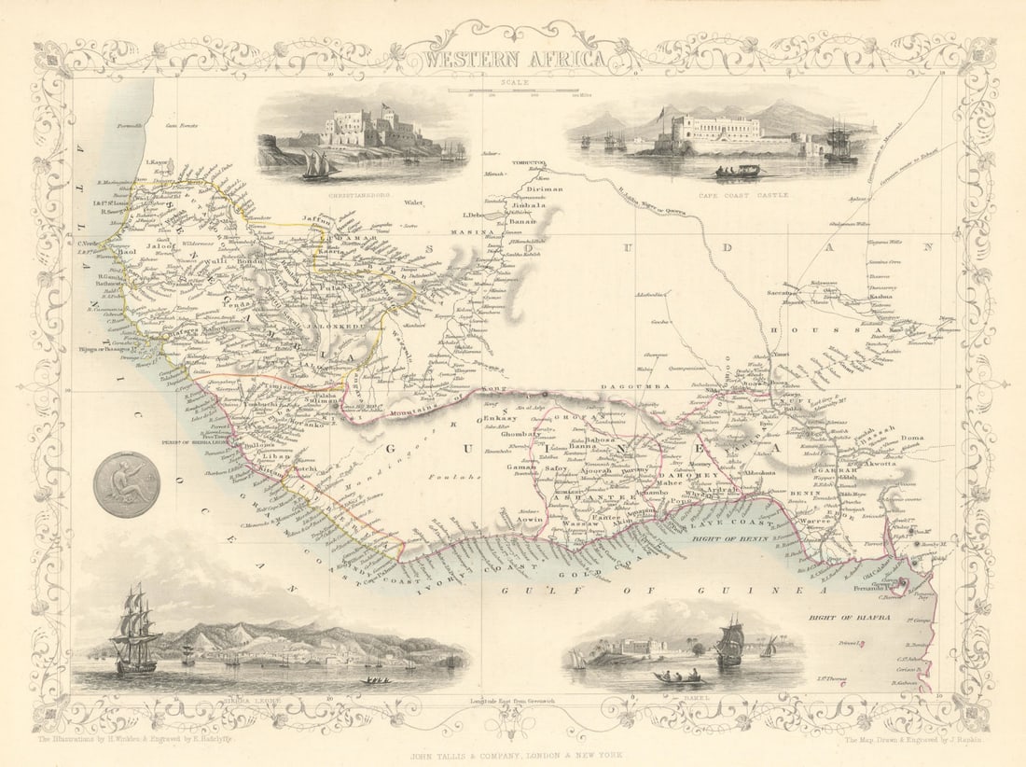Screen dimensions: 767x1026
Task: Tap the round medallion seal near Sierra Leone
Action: click(126, 484)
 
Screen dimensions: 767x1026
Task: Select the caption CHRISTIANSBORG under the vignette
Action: click(357, 195)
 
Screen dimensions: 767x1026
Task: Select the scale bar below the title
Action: click(514, 91)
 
